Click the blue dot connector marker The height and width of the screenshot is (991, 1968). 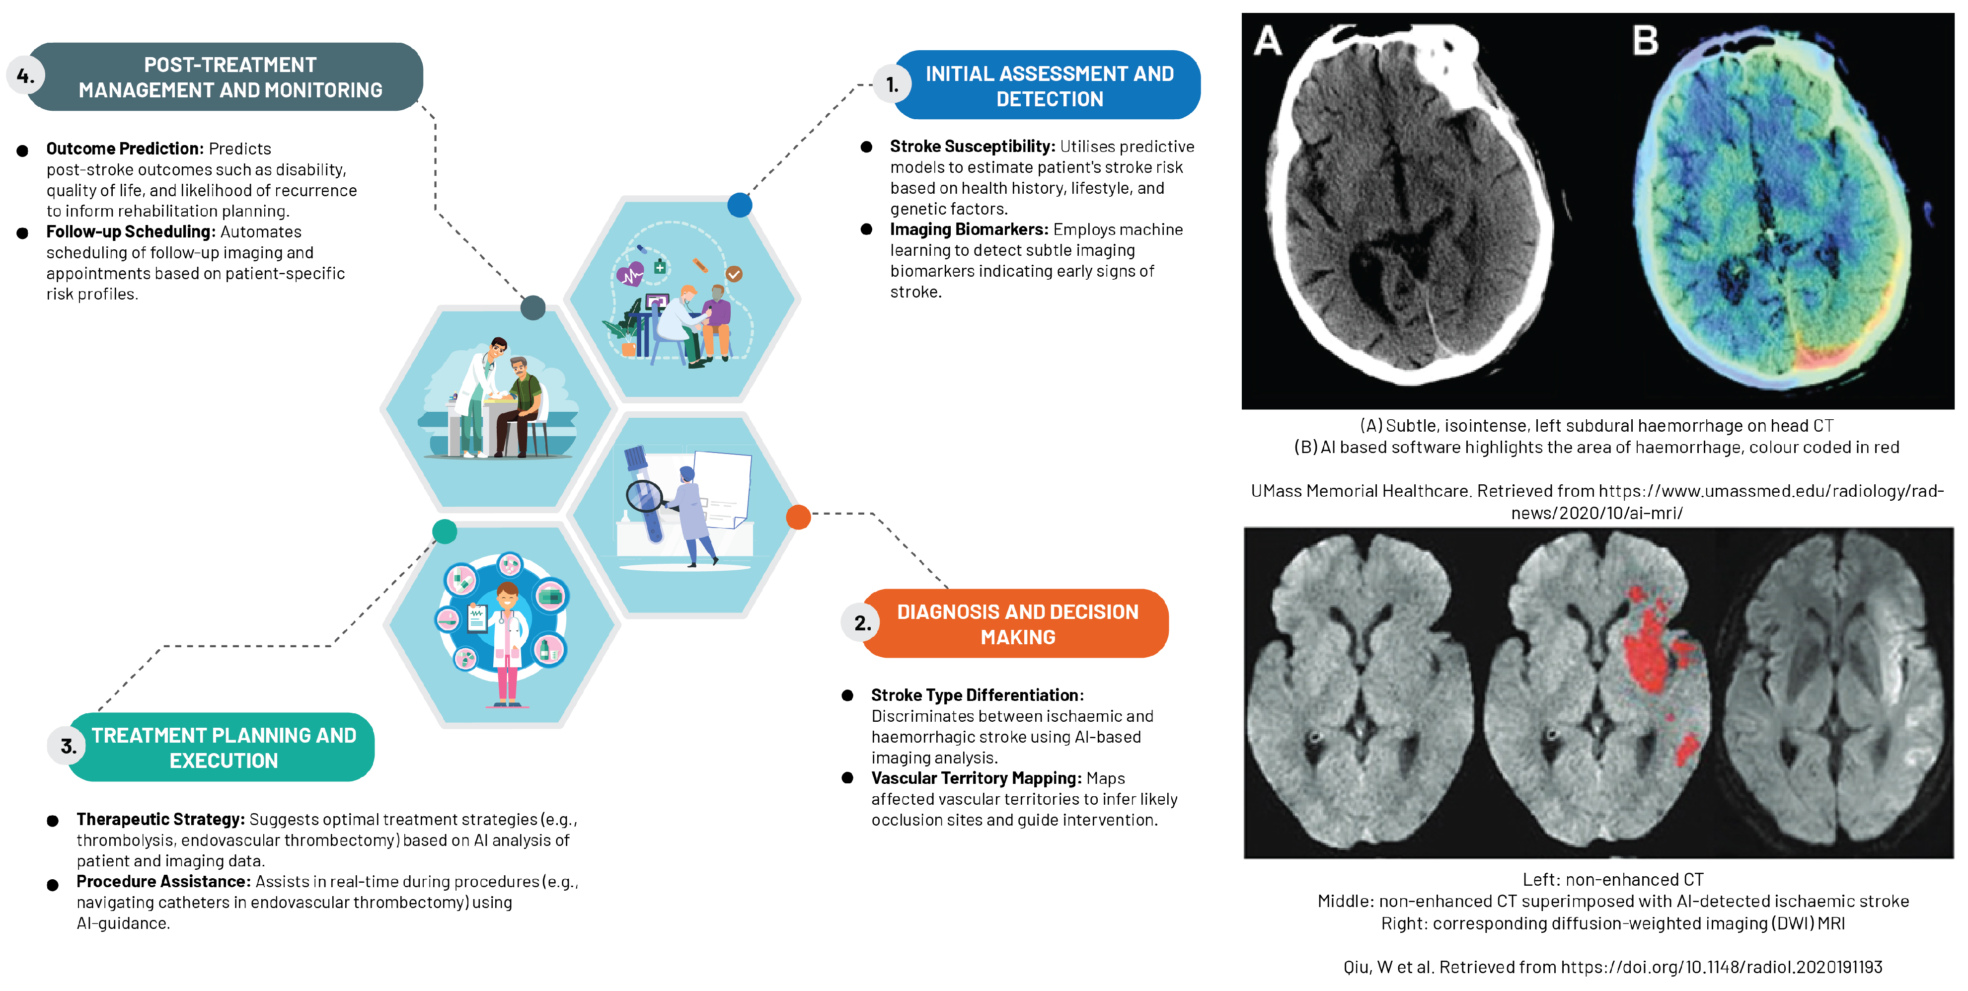(740, 205)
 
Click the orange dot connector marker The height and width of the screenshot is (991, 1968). (798, 517)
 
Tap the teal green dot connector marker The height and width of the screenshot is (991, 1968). (445, 531)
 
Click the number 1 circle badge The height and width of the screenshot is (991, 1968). (892, 85)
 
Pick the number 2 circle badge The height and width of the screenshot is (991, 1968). (862, 623)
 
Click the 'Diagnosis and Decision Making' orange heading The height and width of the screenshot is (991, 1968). (1018, 624)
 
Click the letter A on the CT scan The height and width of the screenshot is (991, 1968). (1268, 41)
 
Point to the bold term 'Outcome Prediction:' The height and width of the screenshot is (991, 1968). (125, 148)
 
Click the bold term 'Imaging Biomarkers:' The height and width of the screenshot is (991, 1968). (969, 229)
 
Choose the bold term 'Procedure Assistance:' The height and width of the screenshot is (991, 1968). (163, 881)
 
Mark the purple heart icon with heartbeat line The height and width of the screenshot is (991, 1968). (630, 274)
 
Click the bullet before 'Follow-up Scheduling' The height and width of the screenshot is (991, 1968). (23, 233)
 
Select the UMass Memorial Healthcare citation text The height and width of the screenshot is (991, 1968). (1597, 501)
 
